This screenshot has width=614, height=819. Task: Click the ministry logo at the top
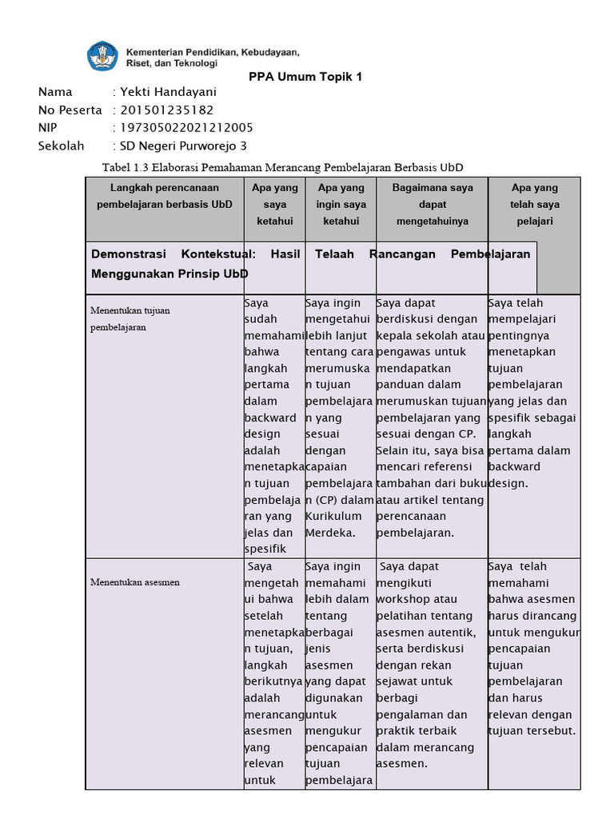coord(102,55)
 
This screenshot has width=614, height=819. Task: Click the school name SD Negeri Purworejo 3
coord(183,146)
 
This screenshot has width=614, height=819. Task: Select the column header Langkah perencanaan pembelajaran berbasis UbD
coord(165,196)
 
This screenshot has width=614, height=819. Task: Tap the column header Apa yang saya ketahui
coord(274,204)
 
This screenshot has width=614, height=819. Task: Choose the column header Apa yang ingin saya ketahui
coord(341,204)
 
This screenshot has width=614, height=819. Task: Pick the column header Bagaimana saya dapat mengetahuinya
coord(432,204)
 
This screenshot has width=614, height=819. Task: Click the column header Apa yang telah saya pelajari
coord(534,204)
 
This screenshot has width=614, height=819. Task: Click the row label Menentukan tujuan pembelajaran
coord(130,318)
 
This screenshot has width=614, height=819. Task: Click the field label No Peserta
coord(70,110)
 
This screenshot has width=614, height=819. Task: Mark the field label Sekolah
coord(61,146)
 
